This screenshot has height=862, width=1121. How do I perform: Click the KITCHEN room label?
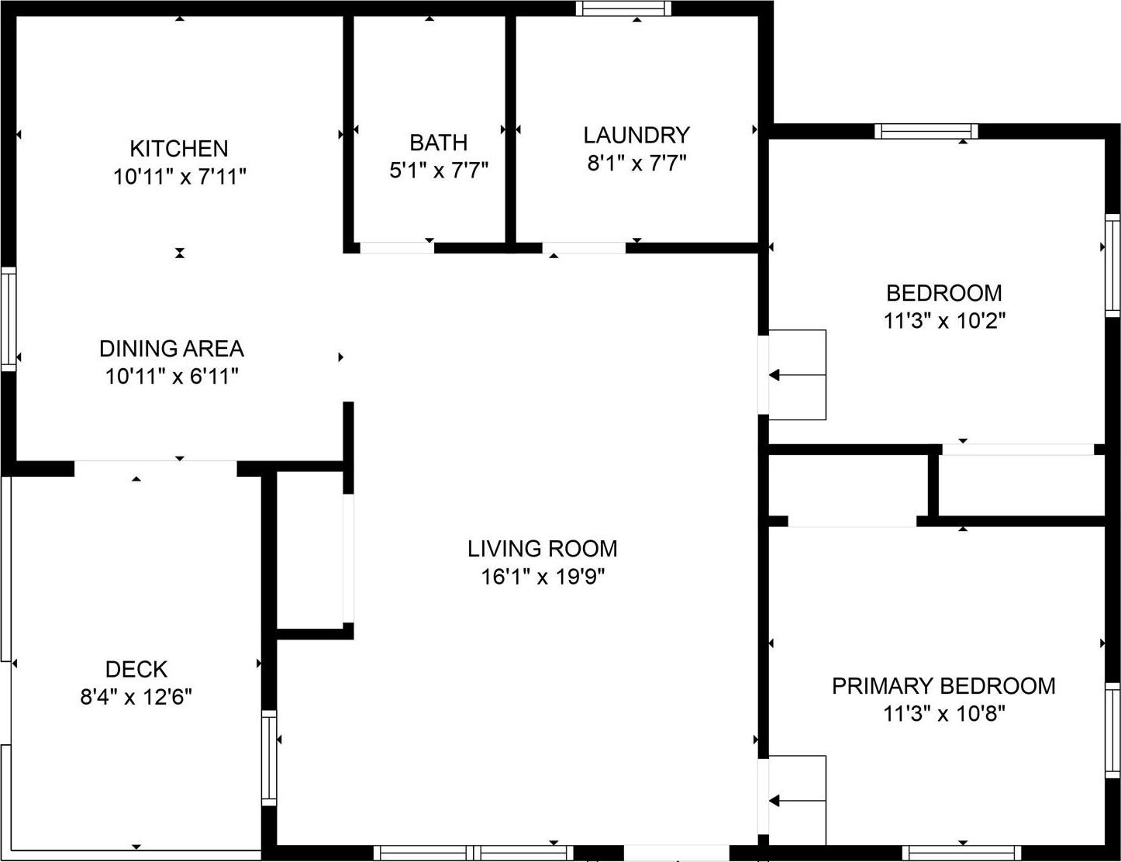pos(178,148)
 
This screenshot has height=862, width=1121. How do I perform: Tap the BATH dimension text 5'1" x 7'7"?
pos(438,170)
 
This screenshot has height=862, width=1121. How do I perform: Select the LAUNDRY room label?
pos(636,135)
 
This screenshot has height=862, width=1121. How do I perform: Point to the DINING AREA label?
pos(171,348)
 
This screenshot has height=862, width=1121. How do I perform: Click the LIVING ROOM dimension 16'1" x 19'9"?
pos(542,577)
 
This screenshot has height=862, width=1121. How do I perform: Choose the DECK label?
pos(136,669)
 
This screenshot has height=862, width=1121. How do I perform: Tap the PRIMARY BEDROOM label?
pos(943,686)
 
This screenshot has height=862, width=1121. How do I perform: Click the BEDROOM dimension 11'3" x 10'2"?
pos(944,321)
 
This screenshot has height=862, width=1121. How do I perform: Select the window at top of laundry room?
pos(623,9)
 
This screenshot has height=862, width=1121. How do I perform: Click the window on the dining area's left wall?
pos(9,319)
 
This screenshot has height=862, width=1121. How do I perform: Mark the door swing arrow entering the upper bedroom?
pos(795,375)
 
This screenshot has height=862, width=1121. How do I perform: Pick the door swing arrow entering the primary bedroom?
pos(795,801)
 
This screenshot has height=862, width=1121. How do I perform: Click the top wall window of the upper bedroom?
pos(926,131)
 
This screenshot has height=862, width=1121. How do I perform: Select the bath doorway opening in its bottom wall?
pos(397,248)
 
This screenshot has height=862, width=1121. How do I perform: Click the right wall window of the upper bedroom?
pos(1112,264)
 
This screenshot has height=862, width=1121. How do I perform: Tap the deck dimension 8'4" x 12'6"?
pos(136,697)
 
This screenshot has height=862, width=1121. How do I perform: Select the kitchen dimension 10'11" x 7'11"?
pos(179,177)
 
